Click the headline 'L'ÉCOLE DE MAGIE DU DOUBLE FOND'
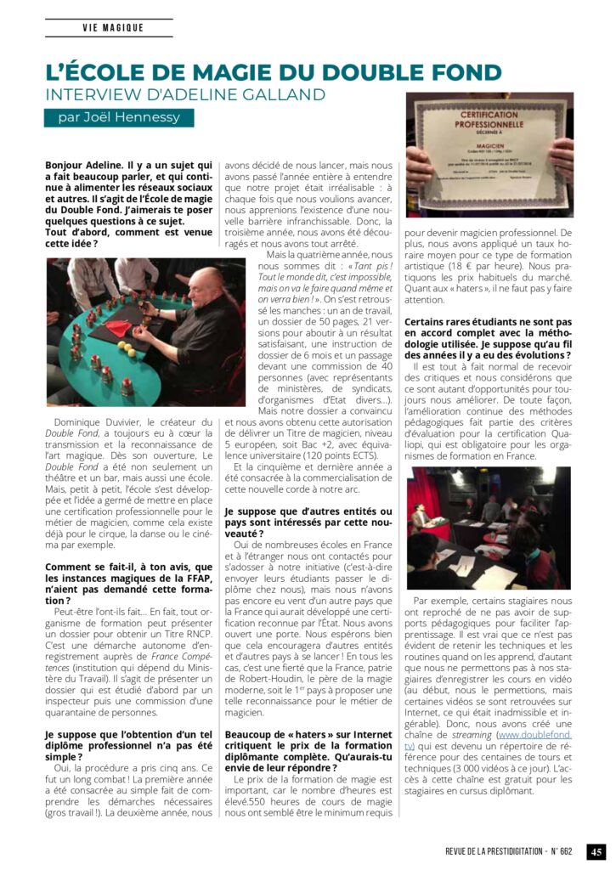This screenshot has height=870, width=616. [x=273, y=73]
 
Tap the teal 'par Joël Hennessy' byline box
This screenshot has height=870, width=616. [x=119, y=118]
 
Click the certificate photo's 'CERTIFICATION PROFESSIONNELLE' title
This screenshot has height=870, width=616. [x=489, y=118]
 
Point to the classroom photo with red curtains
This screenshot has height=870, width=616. [x=487, y=527]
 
